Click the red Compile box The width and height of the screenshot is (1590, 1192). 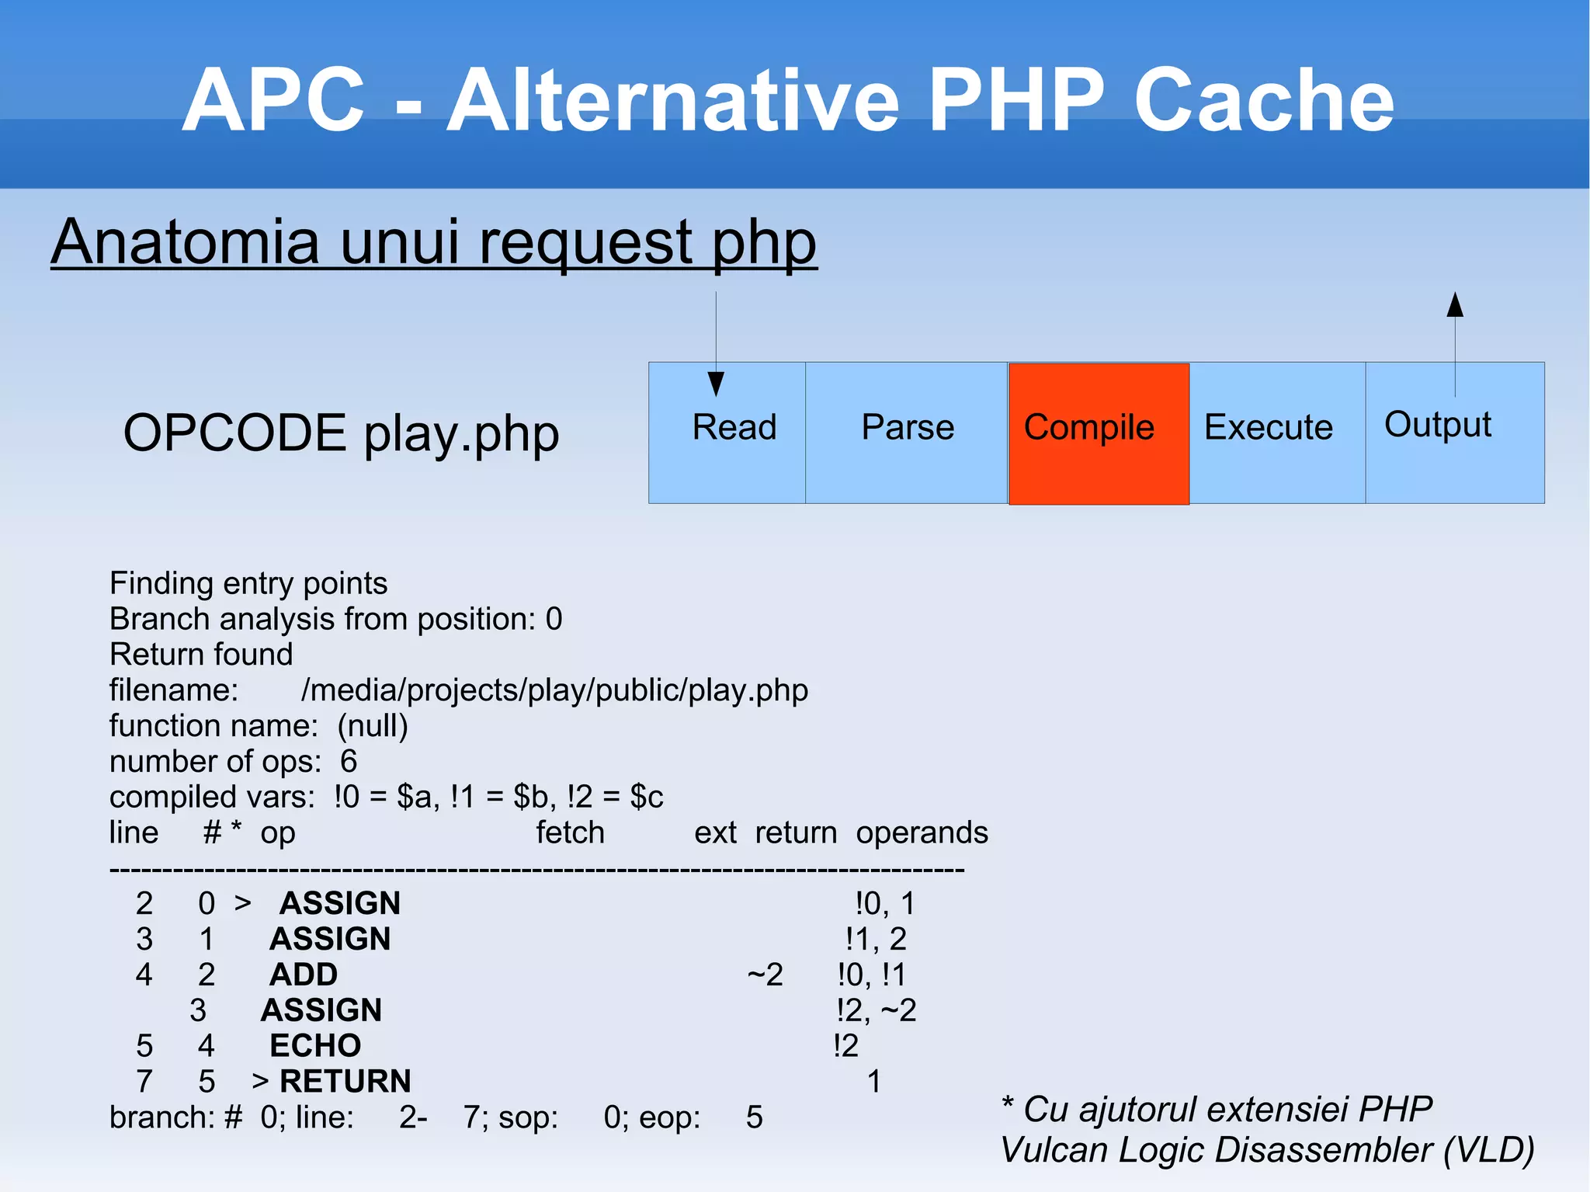[x=1098, y=433]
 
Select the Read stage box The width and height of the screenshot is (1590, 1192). [x=727, y=433]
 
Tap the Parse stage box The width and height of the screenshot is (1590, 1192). [x=906, y=433]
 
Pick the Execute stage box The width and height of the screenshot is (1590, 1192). [x=1276, y=433]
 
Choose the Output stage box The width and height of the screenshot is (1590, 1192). [x=1454, y=433]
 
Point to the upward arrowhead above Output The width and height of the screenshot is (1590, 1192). [x=1455, y=305]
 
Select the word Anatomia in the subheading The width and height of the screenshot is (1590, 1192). [x=186, y=242]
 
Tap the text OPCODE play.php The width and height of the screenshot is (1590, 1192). [x=341, y=433]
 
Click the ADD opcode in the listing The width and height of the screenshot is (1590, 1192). [x=303, y=975]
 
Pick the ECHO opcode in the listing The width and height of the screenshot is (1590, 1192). [x=315, y=1046]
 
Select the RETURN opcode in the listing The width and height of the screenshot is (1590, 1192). [x=345, y=1082]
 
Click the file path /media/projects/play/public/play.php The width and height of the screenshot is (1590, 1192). [x=554, y=690]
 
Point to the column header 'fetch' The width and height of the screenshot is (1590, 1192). [x=570, y=832]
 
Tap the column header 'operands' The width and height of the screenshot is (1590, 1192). [x=922, y=832]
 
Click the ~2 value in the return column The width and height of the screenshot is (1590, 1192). [x=765, y=975]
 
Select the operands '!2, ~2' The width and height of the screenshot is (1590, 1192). [x=876, y=1010]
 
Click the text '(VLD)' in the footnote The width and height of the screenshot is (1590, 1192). [x=1488, y=1150]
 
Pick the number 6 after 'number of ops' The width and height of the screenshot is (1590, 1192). [x=349, y=762]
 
